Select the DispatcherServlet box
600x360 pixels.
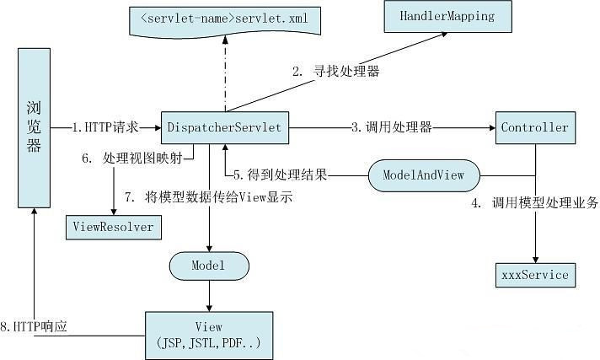click(225, 127)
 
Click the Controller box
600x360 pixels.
click(534, 128)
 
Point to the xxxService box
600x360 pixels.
click(534, 274)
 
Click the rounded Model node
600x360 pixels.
click(209, 266)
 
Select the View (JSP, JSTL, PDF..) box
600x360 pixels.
click(208, 335)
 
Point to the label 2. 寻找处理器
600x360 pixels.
click(336, 72)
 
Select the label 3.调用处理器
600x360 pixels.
click(392, 128)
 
